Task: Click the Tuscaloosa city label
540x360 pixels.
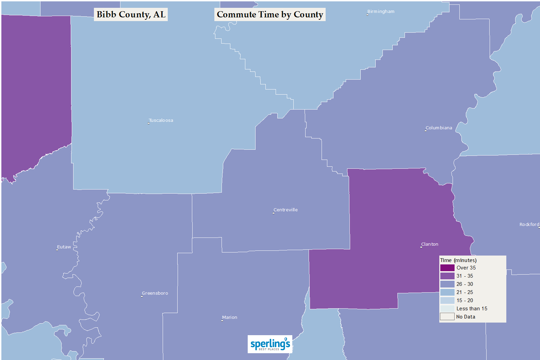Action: click(x=161, y=120)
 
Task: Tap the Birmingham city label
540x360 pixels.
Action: click(x=381, y=12)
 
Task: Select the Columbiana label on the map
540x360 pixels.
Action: click(x=439, y=128)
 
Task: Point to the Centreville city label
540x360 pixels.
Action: click(x=285, y=210)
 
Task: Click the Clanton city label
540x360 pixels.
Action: click(x=430, y=244)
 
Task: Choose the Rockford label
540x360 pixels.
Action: click(x=529, y=225)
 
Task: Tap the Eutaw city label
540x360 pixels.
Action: click(x=64, y=247)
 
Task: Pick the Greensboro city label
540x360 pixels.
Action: click(x=155, y=293)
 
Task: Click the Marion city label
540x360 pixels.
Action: click(x=230, y=317)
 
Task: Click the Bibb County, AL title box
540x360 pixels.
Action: click(x=131, y=15)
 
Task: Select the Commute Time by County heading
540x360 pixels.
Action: click(x=270, y=15)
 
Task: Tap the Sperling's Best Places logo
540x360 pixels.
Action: click(x=270, y=344)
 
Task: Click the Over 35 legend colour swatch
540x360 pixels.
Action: click(x=447, y=268)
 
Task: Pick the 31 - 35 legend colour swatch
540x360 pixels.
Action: click(x=447, y=276)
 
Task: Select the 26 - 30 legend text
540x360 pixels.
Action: click(x=464, y=284)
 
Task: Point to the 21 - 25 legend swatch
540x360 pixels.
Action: click(x=447, y=292)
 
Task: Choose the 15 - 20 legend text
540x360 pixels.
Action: click(x=464, y=300)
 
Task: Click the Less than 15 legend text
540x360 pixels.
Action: click(x=472, y=309)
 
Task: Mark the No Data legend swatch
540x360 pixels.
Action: click(x=447, y=317)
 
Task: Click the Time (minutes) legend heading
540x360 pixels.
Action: click(x=458, y=260)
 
